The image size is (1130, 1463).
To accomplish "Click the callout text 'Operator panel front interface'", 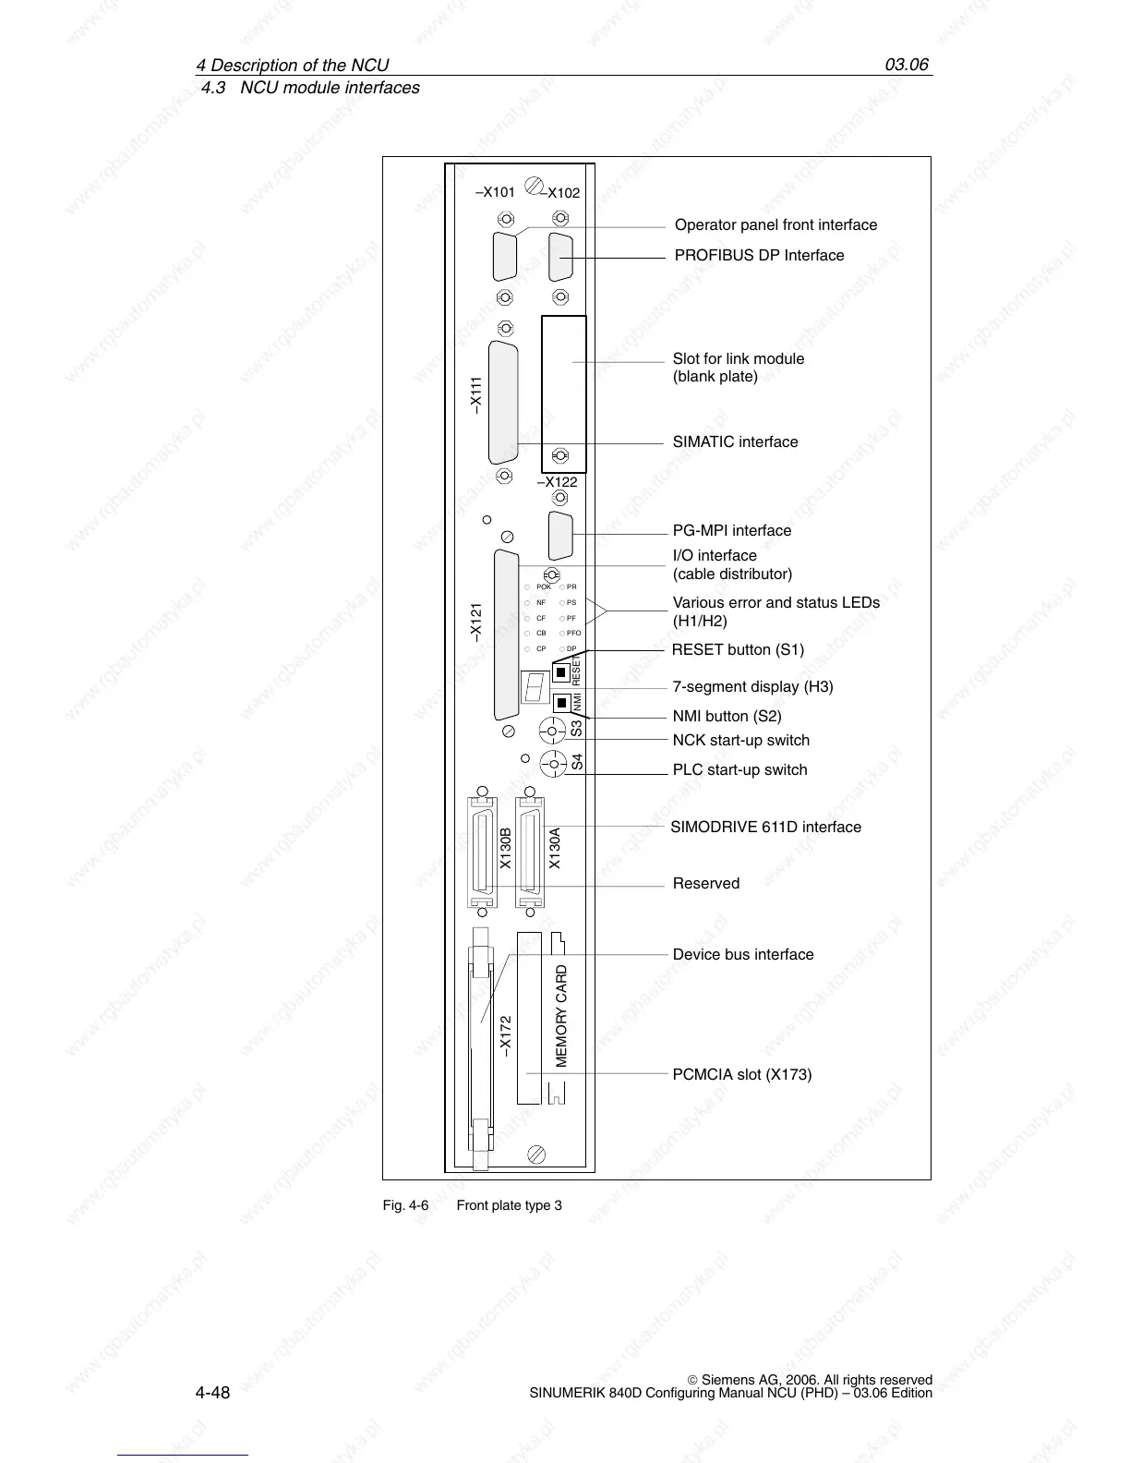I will click(775, 225).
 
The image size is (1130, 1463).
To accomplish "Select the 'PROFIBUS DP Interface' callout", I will click(759, 256).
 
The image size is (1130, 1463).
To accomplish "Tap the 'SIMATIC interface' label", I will click(735, 442).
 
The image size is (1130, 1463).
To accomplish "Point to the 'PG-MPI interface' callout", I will click(731, 531).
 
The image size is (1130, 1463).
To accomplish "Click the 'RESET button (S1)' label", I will click(738, 650).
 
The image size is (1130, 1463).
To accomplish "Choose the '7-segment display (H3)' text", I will click(752, 687).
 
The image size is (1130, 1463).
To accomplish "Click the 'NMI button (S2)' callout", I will click(727, 717).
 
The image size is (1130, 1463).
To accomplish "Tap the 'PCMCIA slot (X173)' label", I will click(742, 1075).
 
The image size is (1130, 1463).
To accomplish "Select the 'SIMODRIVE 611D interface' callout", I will click(765, 828).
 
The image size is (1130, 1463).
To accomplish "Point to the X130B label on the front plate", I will click(505, 849).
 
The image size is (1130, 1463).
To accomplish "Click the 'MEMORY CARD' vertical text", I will click(561, 1016).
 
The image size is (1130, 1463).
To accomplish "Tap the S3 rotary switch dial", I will click(552, 731).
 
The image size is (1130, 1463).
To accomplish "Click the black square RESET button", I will click(560, 672).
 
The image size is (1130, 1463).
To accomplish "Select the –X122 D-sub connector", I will click(560, 535).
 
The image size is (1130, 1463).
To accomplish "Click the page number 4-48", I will click(212, 1392).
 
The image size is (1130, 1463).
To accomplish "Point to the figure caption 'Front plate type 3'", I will click(509, 1205).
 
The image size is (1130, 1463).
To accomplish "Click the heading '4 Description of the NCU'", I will click(292, 66).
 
